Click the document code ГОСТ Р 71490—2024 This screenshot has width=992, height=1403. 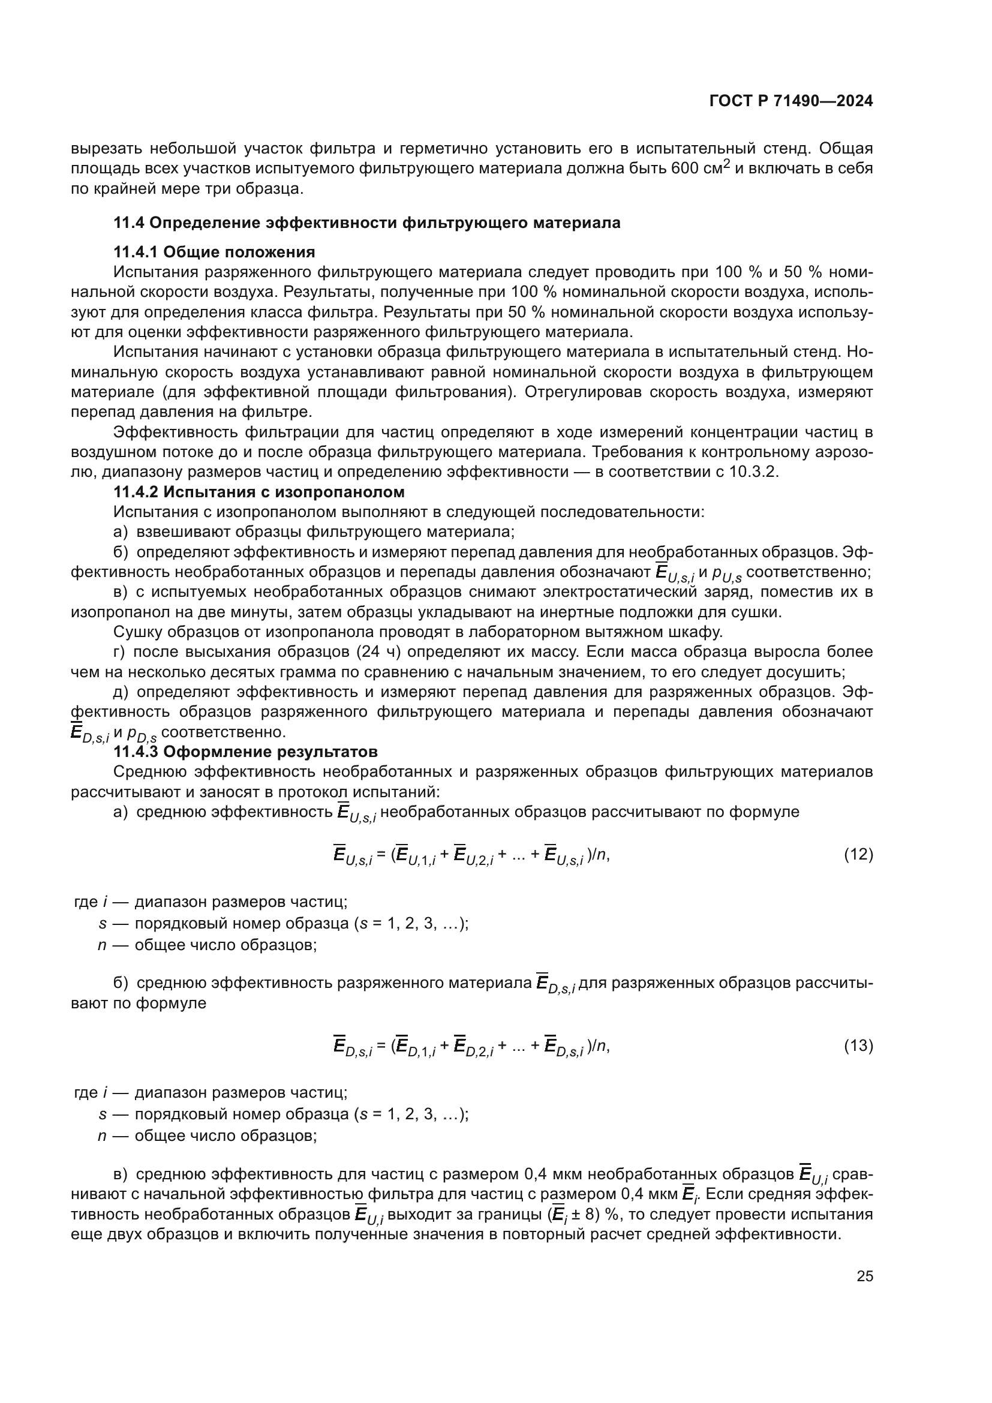click(791, 101)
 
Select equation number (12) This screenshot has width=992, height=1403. click(858, 854)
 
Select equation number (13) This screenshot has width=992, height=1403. click(858, 1046)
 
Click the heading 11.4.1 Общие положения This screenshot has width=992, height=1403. click(214, 252)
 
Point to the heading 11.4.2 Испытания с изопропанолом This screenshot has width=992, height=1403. click(259, 492)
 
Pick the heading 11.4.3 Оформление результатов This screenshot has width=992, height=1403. click(245, 752)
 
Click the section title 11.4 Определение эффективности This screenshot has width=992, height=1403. click(366, 223)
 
